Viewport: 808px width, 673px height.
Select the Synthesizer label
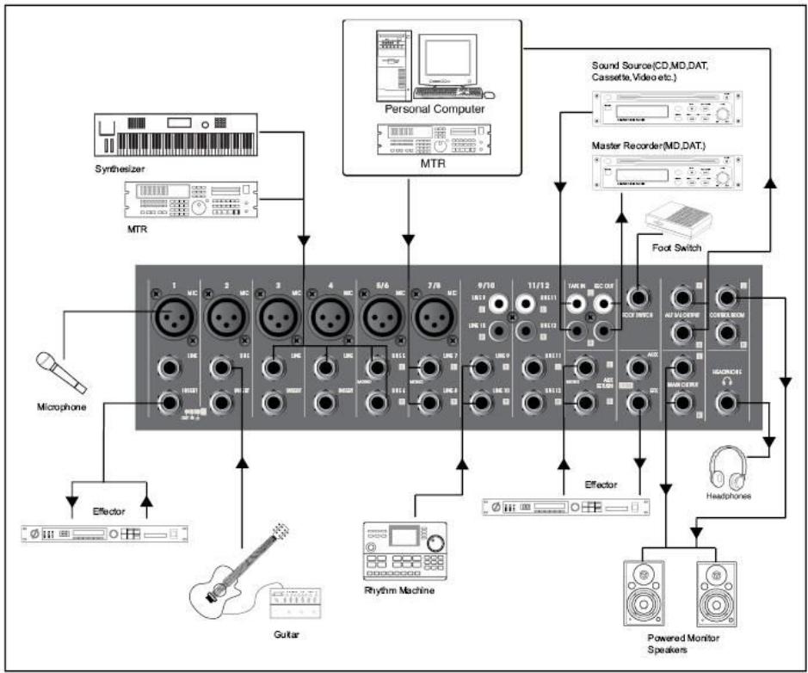click(117, 169)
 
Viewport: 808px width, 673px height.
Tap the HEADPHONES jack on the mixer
click(729, 401)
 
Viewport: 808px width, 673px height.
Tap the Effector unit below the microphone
click(103, 534)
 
